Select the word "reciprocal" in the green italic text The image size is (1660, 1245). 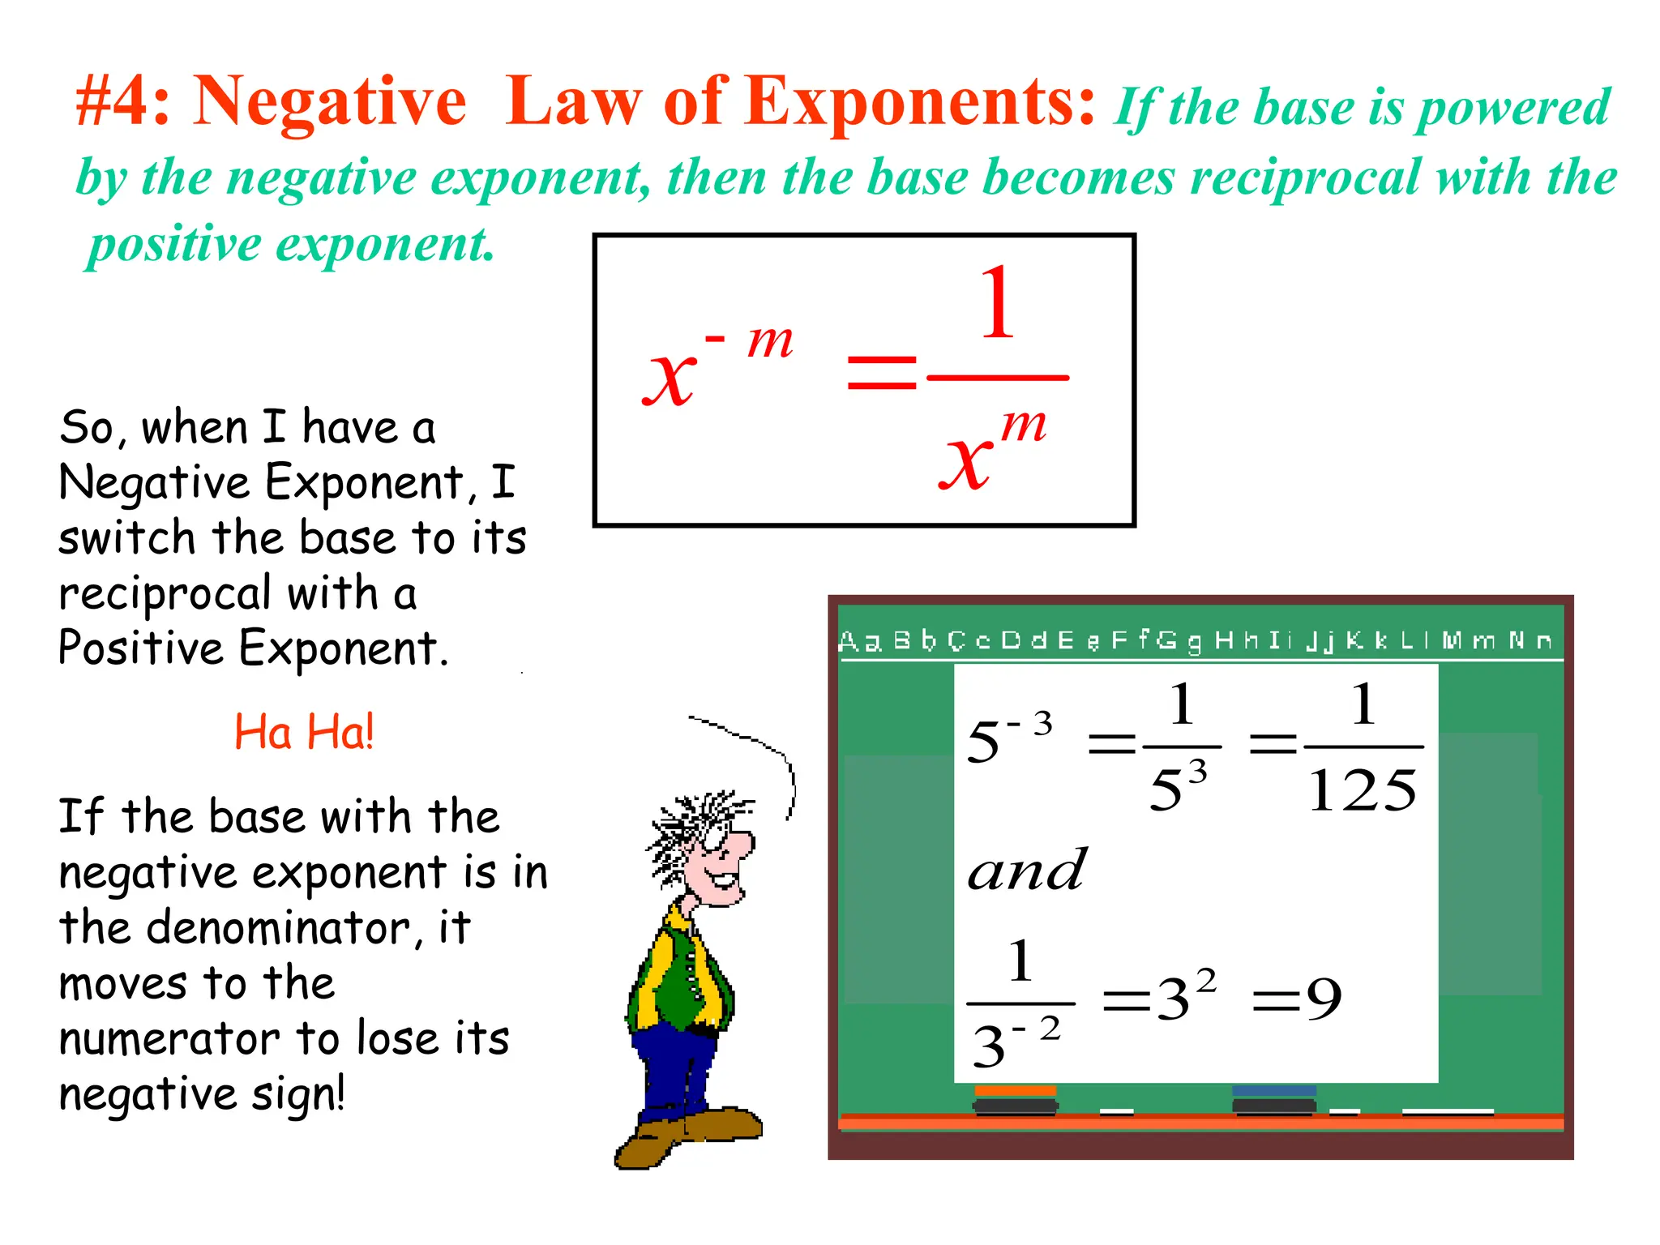pyautogui.click(x=1306, y=178)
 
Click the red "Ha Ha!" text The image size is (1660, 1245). pyautogui.click(x=304, y=732)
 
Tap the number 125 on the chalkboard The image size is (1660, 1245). pyautogui.click(x=1363, y=790)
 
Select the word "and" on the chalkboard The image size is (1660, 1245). pyautogui.click(x=1026, y=871)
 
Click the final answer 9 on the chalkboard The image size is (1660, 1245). pyautogui.click(x=1323, y=999)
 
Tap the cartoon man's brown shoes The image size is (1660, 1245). pyautogui.click(x=689, y=1135)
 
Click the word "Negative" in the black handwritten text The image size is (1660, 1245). pyautogui.click(x=155, y=483)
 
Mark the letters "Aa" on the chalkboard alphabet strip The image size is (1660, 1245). pyautogui.click(x=859, y=641)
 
